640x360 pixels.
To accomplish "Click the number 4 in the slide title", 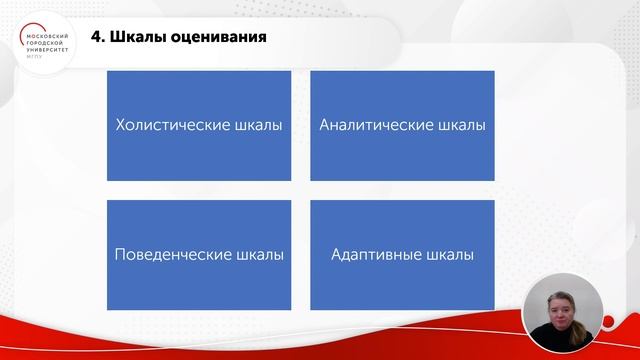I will click(95, 39).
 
